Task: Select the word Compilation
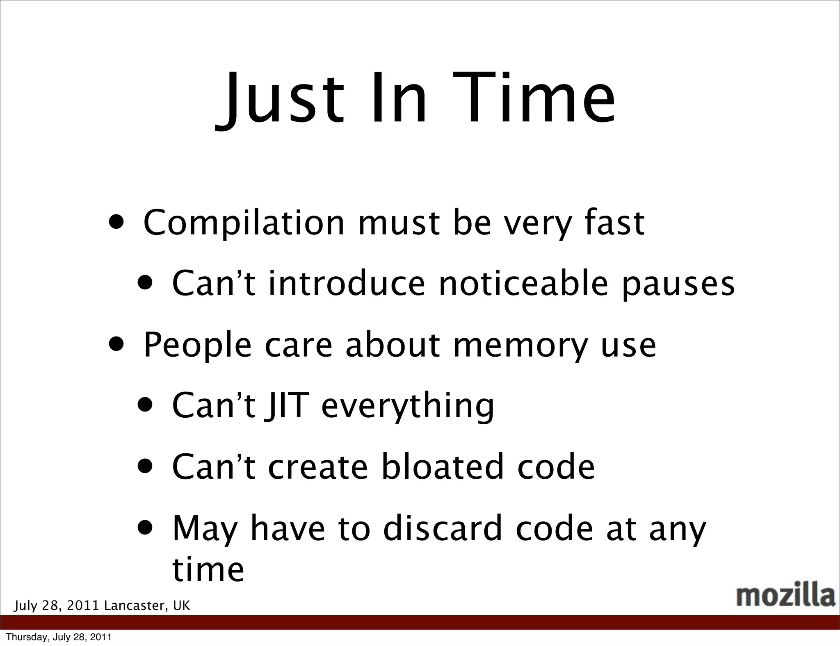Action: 244,224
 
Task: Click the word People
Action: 197,346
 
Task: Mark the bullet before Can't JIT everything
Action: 146,405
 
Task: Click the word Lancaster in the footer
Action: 136,605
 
